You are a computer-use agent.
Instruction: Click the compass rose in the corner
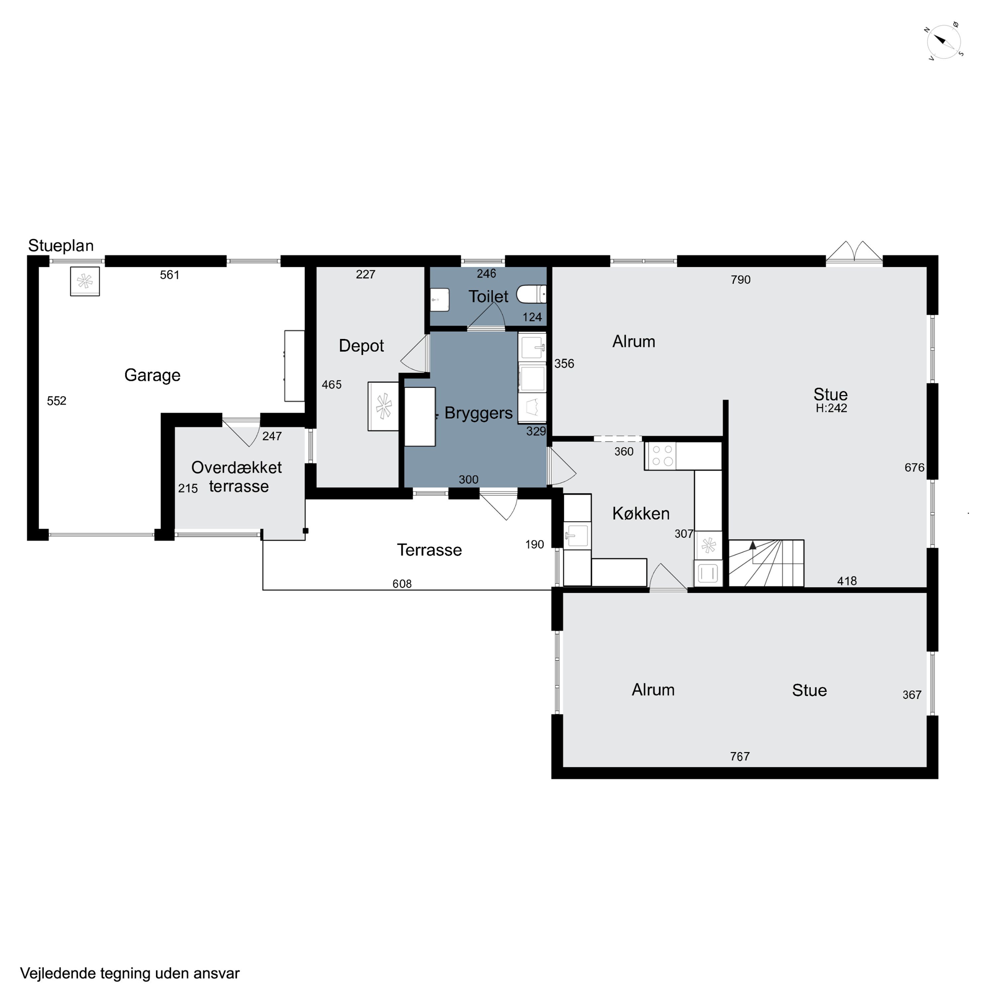[945, 41]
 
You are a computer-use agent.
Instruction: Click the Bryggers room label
[478, 413]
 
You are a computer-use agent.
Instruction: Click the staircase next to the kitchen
[766, 563]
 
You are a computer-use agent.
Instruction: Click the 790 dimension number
[740, 280]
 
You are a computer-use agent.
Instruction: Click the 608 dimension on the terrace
[402, 584]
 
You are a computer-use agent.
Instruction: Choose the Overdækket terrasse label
[237, 476]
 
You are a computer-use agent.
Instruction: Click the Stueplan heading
[61, 245]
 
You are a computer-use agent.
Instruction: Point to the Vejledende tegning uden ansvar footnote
[130, 973]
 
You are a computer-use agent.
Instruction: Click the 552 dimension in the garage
[57, 401]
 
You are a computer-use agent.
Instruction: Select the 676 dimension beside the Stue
[915, 467]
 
